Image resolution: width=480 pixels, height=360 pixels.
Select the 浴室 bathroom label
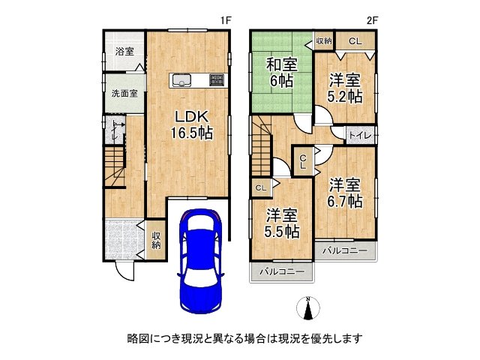pos(124,52)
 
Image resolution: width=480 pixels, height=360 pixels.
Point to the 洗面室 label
pos(124,94)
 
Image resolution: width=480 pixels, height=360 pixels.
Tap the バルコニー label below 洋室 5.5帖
pos(282,270)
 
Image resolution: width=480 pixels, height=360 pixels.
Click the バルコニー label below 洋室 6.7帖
pos(346,249)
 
